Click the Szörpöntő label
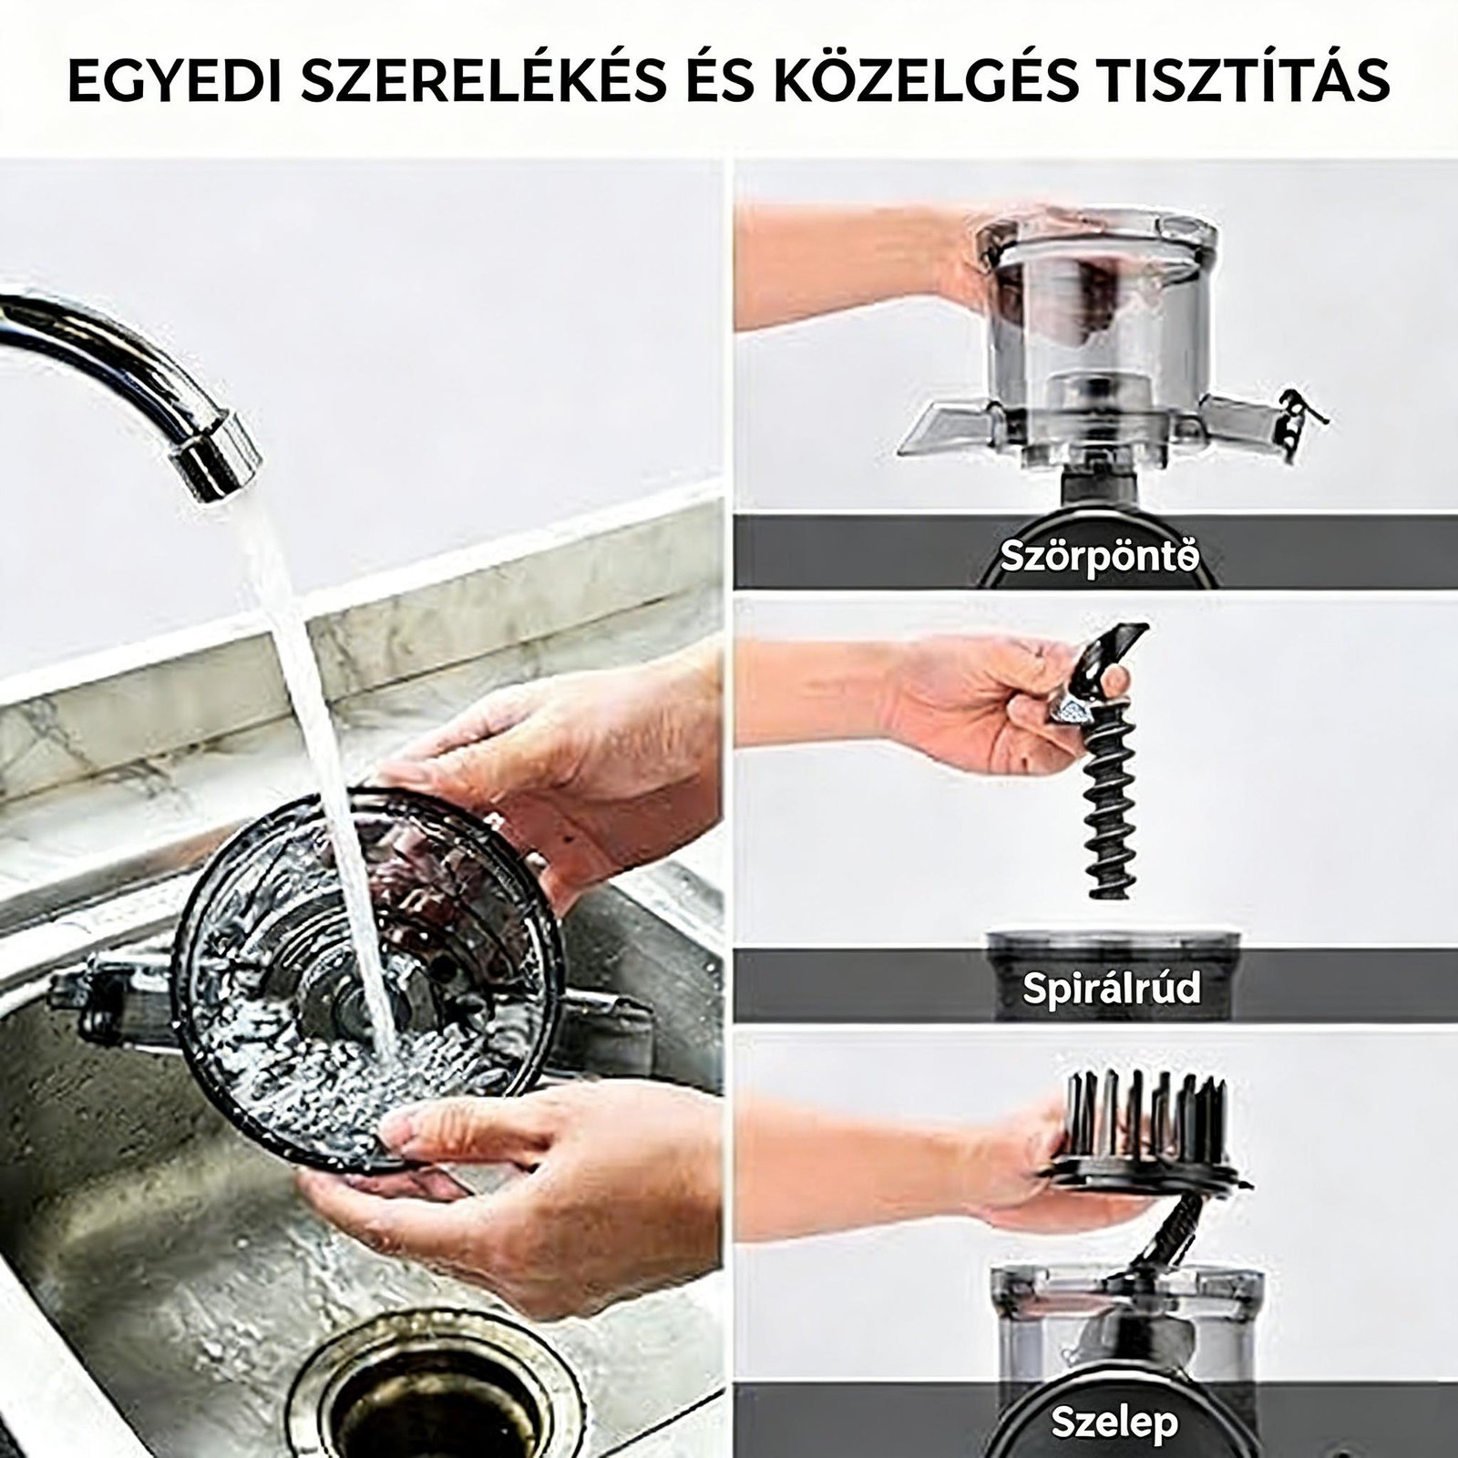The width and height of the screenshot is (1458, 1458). point(1098,557)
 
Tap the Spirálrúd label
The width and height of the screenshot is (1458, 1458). point(1111,988)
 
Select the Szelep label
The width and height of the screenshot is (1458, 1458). point(1114,1422)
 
